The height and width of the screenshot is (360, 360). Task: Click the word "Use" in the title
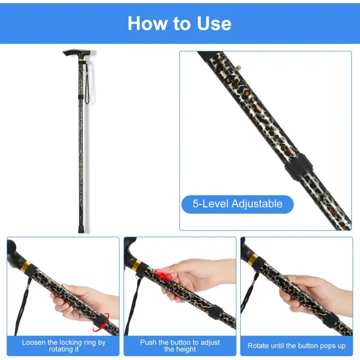coord(214,23)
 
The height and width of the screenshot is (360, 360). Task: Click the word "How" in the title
coord(147,23)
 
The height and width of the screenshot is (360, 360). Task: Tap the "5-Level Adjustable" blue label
coord(238,204)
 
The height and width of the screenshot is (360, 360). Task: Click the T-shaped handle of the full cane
coord(77,54)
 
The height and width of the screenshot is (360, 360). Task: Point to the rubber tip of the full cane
coord(81,229)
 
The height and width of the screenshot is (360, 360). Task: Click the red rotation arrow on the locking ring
coord(102,323)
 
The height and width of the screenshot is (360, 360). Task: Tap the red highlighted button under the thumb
coord(162,274)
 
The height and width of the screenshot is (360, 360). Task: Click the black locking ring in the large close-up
coord(299,166)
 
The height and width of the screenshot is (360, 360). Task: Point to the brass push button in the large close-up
coord(238,68)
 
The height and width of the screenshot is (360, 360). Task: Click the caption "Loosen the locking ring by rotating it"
coord(63,346)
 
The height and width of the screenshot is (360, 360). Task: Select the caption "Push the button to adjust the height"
coord(180,346)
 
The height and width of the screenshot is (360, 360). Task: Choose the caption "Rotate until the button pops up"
coord(297,346)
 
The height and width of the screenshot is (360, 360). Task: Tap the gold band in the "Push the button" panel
coord(137,264)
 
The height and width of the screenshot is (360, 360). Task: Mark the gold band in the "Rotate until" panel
coord(253,259)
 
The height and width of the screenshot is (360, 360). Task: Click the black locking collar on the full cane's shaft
coord(81,97)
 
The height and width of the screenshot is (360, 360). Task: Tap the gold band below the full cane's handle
coord(81,60)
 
